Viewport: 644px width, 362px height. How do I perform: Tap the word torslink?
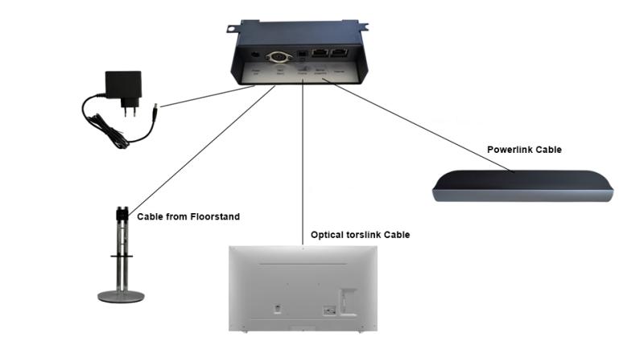[x=363, y=235]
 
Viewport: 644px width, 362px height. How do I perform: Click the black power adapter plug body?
[x=123, y=87]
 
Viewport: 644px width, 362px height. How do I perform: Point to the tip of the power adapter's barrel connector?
[x=158, y=105]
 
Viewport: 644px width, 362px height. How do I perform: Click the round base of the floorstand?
[x=121, y=297]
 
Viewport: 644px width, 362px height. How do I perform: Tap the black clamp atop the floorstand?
[x=122, y=215]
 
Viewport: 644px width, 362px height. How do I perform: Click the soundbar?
[x=522, y=186]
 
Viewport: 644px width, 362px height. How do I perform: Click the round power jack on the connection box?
[x=255, y=54]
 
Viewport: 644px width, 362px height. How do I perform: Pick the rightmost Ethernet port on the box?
[x=342, y=56]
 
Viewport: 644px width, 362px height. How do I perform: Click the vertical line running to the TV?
[x=303, y=161]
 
